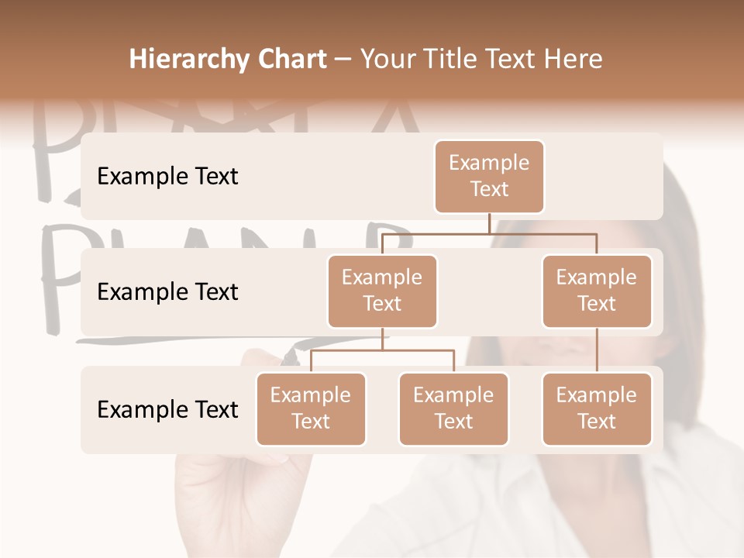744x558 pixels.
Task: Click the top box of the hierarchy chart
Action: (x=489, y=177)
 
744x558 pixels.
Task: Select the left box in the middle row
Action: (x=382, y=291)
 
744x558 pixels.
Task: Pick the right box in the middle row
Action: (x=597, y=291)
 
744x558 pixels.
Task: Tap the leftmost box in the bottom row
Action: (x=311, y=409)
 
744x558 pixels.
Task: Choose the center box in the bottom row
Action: (x=453, y=409)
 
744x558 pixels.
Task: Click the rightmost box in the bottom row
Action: (x=597, y=409)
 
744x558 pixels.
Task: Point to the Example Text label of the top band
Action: (x=167, y=177)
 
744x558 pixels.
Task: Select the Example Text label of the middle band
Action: (x=167, y=292)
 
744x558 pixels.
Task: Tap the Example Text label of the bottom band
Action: (x=167, y=410)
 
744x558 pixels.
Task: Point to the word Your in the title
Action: (x=388, y=59)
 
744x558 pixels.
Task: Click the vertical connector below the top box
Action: (x=489, y=223)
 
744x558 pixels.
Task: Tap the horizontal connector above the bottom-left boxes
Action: (x=382, y=350)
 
